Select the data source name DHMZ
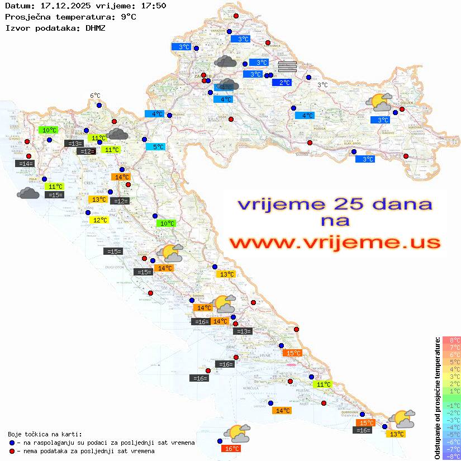coord(96,27)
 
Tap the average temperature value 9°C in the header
coord(128,17)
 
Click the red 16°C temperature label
coord(231,448)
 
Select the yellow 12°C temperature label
coord(98,220)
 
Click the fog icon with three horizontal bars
coord(287,67)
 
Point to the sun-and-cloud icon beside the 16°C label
coord(237,433)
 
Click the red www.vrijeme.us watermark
coord(335,243)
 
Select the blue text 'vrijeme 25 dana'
coord(335,205)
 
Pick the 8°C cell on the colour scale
coord(452,340)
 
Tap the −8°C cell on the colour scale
coord(452,457)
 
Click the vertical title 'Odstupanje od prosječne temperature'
coord(437,398)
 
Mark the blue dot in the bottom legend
coord(12,443)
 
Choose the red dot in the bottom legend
coord(12,451)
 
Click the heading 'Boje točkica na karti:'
coord(45,434)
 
